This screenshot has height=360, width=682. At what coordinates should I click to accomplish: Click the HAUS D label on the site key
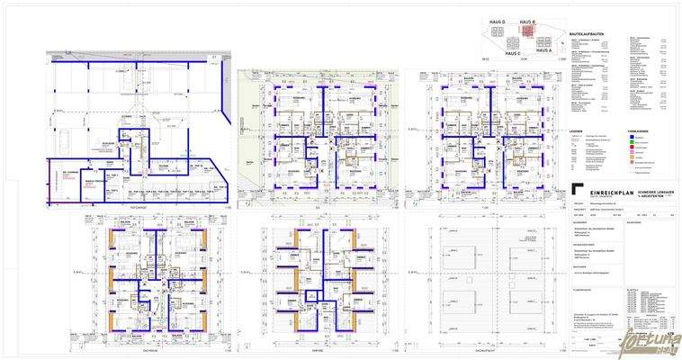(497, 21)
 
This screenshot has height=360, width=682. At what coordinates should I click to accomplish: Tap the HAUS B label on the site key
(527, 21)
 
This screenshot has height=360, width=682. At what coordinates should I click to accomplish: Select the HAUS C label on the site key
(514, 53)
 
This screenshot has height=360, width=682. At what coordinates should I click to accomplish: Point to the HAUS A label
(543, 50)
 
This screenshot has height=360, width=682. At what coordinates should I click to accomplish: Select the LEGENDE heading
(576, 130)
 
